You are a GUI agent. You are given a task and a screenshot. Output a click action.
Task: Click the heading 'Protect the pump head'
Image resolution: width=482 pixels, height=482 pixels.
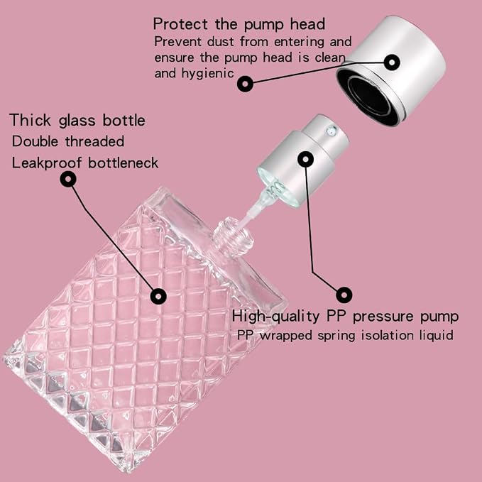[239, 24]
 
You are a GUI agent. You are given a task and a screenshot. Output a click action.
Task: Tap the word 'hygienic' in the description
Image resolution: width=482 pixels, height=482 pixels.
[207, 74]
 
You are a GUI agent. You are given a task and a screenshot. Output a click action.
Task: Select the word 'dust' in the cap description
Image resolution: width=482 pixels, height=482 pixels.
[220, 41]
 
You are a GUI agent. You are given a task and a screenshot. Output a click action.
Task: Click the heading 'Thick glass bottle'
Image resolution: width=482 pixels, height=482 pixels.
[77, 120]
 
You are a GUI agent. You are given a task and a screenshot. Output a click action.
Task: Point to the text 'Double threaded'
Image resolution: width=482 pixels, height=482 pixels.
[68, 141]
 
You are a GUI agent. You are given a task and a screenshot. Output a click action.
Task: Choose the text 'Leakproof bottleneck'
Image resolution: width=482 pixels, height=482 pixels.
[85, 163]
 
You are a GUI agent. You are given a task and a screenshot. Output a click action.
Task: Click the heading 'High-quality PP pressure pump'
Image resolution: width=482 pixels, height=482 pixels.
[345, 317]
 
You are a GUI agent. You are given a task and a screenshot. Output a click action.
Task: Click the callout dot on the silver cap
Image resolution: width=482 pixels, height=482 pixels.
[392, 62]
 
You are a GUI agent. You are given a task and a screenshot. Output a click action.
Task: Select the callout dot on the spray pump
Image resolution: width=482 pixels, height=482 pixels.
[305, 159]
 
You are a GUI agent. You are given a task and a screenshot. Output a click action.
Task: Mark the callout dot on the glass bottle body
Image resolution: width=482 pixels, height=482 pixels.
[158, 296]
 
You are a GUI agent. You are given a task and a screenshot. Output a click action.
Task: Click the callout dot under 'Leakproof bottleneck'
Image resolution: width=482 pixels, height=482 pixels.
[68, 179]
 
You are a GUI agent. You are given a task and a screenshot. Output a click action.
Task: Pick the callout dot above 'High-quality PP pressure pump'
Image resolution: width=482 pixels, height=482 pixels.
[344, 295]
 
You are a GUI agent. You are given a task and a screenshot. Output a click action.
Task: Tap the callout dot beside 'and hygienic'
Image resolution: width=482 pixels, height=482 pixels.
[245, 84]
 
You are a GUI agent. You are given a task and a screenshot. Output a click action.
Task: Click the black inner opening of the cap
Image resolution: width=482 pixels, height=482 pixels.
[370, 95]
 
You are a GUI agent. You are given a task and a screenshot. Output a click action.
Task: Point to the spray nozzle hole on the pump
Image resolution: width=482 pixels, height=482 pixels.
[331, 131]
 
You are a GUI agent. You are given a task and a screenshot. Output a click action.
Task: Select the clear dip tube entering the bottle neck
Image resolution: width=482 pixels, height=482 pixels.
[252, 209]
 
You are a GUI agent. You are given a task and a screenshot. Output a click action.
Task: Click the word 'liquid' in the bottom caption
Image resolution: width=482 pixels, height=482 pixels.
[437, 335]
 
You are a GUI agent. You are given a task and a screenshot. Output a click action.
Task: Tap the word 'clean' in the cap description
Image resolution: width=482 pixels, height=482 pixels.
[330, 57]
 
